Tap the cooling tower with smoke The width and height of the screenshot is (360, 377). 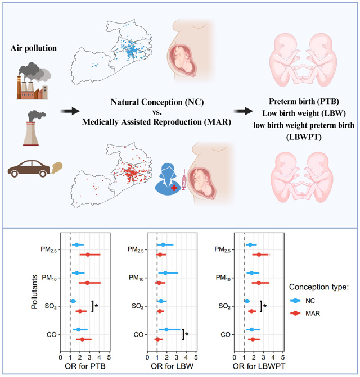pyautogui.click(x=34, y=128)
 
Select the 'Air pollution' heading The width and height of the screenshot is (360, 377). pyautogui.click(x=33, y=48)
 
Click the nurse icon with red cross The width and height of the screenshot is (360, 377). pyautogui.click(x=168, y=179)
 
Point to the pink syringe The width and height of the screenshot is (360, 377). pyautogui.click(x=184, y=180)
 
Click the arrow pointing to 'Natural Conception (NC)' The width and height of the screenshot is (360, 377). pyautogui.click(x=70, y=111)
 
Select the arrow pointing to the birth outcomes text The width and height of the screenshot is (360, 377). pyautogui.click(x=244, y=111)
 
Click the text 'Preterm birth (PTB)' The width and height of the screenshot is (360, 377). pyautogui.click(x=304, y=102)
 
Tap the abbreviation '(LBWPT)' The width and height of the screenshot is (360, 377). pyautogui.click(x=304, y=137)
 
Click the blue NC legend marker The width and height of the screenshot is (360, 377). pyautogui.click(x=295, y=301)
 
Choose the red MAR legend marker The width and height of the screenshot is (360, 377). pyautogui.click(x=295, y=313)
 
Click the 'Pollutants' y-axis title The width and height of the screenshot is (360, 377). pyautogui.click(x=34, y=292)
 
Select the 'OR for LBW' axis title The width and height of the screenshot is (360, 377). pyautogui.click(x=172, y=366)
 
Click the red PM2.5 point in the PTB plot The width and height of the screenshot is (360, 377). pyautogui.click(x=88, y=255)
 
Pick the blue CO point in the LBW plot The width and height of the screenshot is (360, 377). pyautogui.click(x=166, y=329)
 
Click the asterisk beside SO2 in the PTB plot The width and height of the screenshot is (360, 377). pyautogui.click(x=97, y=306)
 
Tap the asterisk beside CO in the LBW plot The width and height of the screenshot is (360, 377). pyautogui.click(x=187, y=334)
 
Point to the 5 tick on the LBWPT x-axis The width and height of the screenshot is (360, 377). pyautogui.click(x=283, y=357)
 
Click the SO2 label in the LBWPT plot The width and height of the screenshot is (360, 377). pyautogui.click(x=224, y=306)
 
